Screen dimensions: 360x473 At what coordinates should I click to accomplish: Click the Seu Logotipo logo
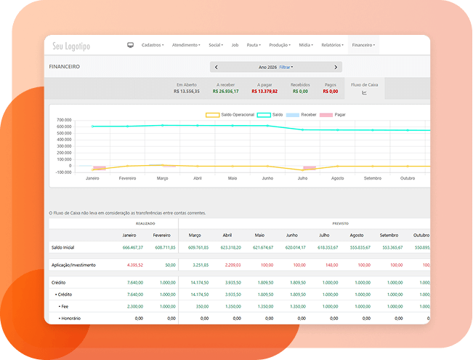coord(72,46)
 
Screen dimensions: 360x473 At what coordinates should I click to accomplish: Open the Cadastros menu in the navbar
coord(153,45)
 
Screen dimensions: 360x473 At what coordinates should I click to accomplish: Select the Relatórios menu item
coord(331,45)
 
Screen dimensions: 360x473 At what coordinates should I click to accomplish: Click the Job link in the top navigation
coord(235,45)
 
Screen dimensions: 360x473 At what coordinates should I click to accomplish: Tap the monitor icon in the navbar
coord(131,45)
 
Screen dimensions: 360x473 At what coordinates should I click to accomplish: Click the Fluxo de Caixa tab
coord(364,88)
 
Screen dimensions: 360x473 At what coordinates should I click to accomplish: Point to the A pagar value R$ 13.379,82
coord(264,92)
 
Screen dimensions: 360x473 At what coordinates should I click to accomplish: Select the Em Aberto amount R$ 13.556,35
coord(187,92)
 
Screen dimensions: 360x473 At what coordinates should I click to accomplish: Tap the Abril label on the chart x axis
coord(198,178)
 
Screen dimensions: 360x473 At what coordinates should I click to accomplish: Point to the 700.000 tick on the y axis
coord(64,120)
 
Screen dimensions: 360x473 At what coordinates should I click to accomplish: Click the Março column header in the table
coord(195,235)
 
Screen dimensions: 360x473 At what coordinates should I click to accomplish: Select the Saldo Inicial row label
coord(64,247)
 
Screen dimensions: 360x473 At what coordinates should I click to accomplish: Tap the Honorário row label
coord(71,318)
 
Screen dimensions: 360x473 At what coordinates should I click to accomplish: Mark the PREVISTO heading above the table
coord(340,224)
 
